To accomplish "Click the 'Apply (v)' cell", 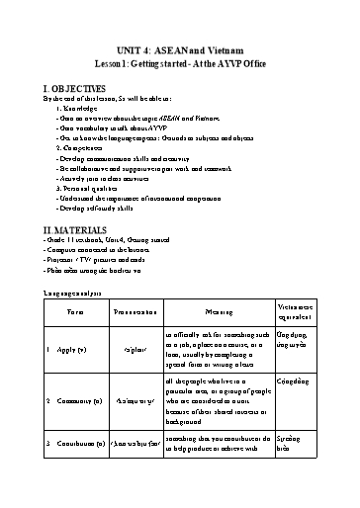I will point(72,349).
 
